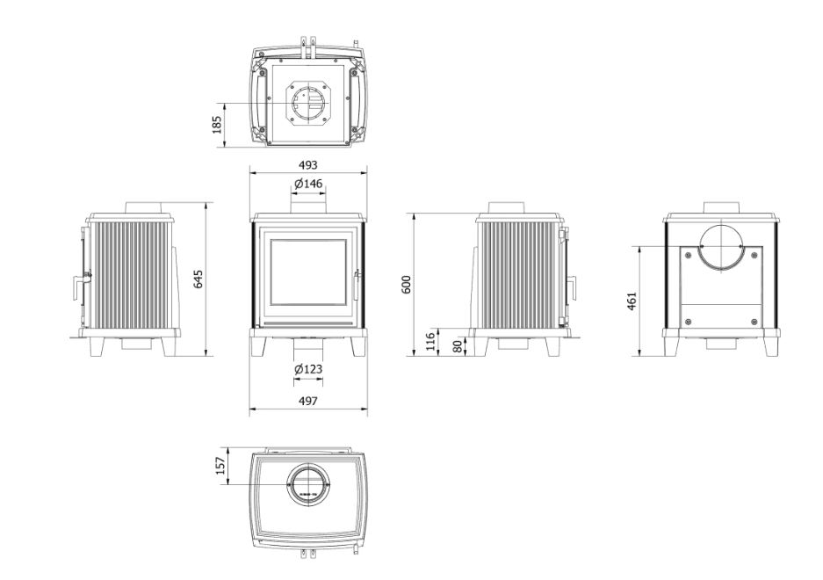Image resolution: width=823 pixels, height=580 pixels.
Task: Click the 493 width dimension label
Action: (308, 165)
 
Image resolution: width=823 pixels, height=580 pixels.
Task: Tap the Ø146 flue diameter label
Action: (308, 184)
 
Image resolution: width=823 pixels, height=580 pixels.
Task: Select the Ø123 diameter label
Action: (308, 369)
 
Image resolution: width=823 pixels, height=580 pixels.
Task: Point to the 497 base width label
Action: (308, 401)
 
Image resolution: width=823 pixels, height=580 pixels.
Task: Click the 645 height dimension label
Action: (198, 279)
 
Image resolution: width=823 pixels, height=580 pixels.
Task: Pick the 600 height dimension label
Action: (407, 284)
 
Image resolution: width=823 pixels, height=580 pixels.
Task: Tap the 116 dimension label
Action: (430, 342)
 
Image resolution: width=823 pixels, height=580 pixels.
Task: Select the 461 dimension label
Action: (632, 301)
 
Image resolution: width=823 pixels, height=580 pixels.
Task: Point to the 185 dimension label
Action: (217, 125)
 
